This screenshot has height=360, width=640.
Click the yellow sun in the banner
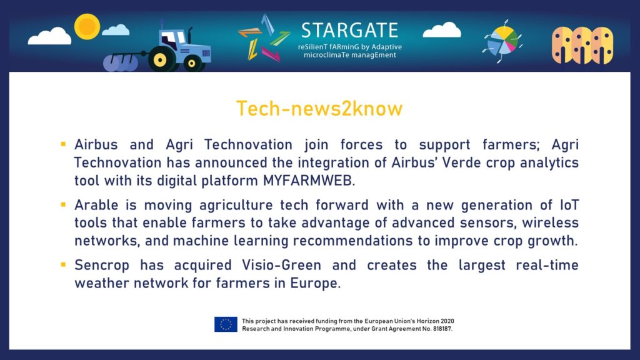[x=87, y=26]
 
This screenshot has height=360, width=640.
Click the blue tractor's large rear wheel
[x=160, y=59]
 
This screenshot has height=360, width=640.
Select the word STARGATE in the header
[x=350, y=30]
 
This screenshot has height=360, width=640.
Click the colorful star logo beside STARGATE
[x=264, y=38]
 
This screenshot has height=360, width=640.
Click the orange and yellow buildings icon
[x=582, y=45]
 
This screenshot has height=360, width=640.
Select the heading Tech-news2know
[x=319, y=109]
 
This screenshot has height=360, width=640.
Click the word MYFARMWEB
[x=309, y=181]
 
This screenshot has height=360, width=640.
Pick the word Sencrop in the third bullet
[x=102, y=265]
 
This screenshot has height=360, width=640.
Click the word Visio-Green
[x=282, y=265]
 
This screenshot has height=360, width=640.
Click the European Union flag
[x=226, y=324]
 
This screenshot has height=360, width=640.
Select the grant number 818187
[x=442, y=329]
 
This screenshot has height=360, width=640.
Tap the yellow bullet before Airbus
[x=63, y=144]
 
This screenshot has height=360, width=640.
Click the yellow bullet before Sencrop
[x=63, y=264]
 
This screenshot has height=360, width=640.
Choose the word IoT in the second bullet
[x=569, y=204]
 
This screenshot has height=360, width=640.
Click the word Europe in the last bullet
[x=314, y=283]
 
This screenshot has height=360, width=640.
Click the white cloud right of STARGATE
[x=442, y=30]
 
